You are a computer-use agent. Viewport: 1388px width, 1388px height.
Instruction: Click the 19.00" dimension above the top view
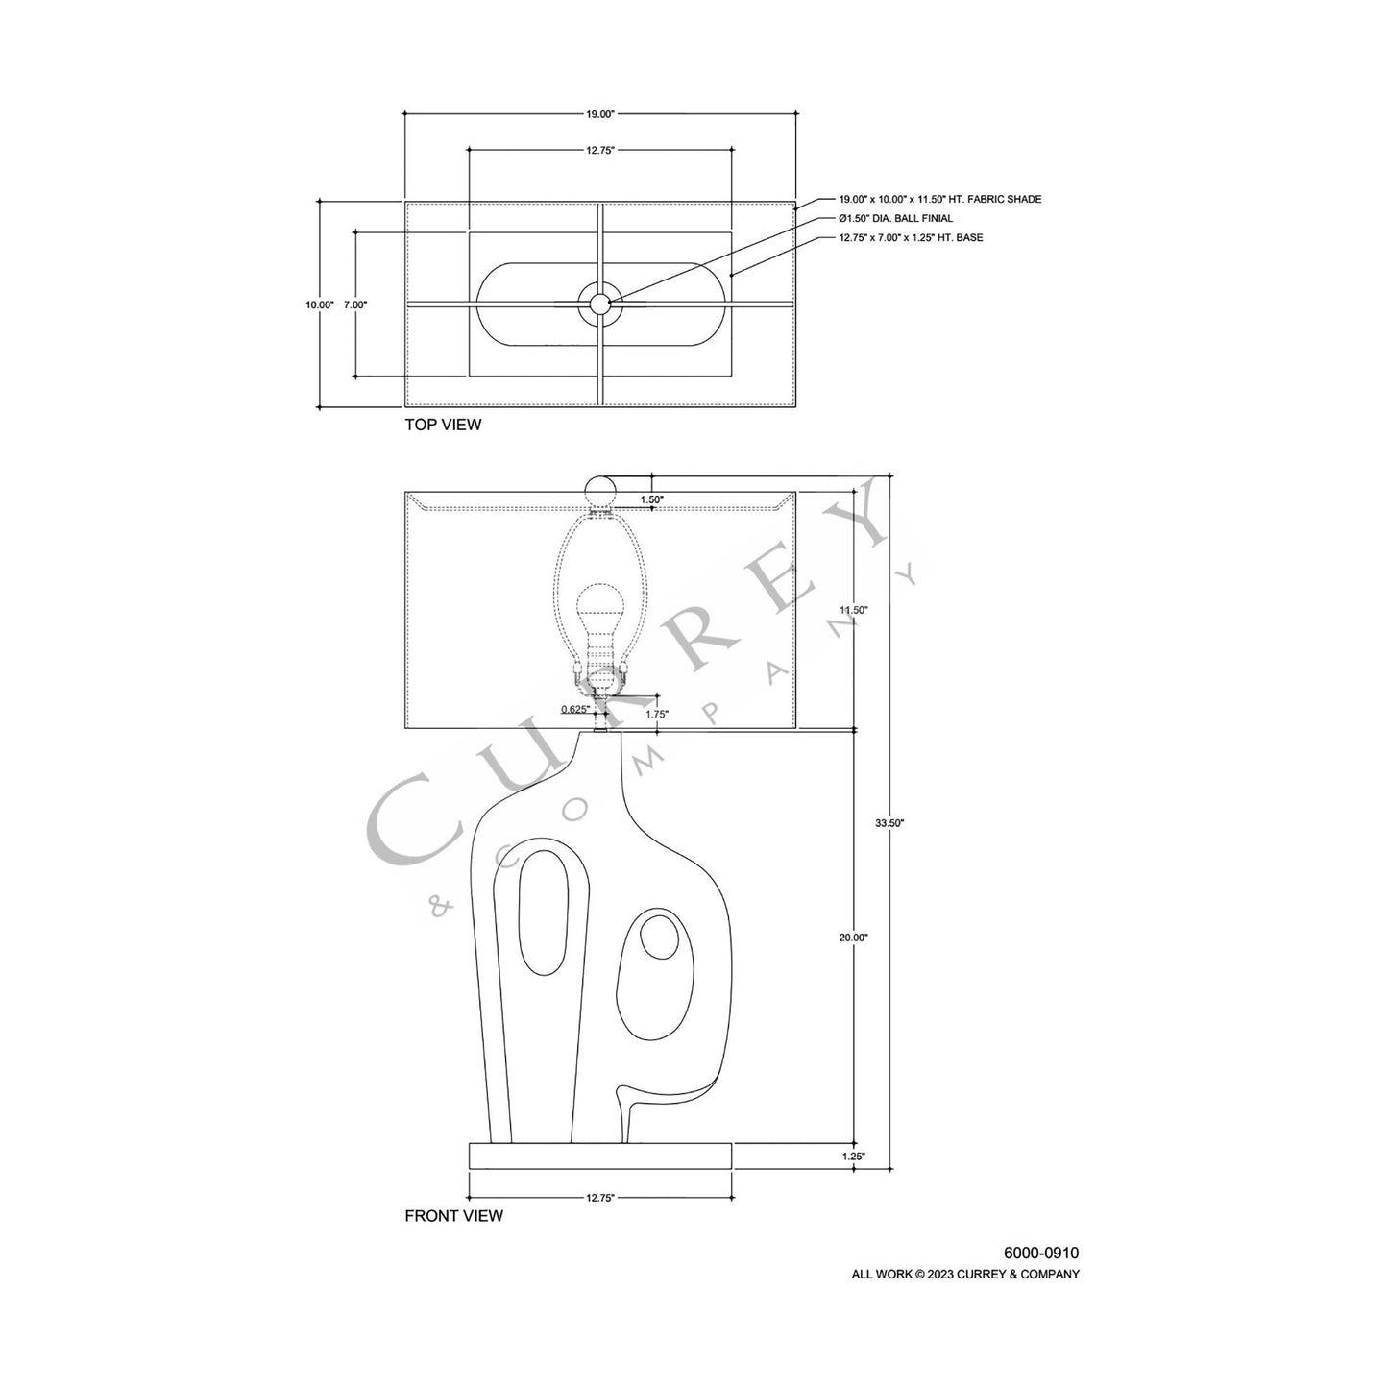pyautogui.click(x=599, y=114)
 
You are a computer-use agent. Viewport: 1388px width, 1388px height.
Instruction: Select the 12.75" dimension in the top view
pyautogui.click(x=599, y=150)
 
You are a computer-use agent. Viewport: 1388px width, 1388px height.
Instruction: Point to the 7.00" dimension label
pyautogui.click(x=355, y=304)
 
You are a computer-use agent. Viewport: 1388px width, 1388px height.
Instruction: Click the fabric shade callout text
pyautogui.click(x=939, y=200)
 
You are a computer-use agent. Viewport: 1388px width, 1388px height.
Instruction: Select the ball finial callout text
pyautogui.click(x=895, y=219)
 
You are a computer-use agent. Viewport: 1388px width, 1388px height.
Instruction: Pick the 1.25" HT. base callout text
pyautogui.click(x=910, y=237)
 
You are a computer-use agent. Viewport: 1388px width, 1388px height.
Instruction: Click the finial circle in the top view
pyautogui.click(x=600, y=304)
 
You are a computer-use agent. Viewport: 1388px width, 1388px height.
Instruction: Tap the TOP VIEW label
pyautogui.click(x=443, y=425)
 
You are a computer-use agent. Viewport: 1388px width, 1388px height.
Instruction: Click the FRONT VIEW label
pyautogui.click(x=453, y=1216)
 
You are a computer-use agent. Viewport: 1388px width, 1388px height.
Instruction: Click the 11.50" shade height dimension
pyautogui.click(x=853, y=610)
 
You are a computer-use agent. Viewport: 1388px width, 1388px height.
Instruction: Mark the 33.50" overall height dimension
pyautogui.click(x=890, y=823)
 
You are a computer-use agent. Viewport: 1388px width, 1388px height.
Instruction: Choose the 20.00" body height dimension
pyautogui.click(x=853, y=938)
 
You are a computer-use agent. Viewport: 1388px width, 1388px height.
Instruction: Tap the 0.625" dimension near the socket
pyautogui.click(x=574, y=710)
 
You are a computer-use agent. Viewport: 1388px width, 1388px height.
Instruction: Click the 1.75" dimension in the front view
pyautogui.click(x=657, y=714)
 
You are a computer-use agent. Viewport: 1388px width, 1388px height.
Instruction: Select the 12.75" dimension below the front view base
pyautogui.click(x=599, y=1198)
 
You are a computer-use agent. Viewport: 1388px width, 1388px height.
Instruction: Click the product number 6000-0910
pyautogui.click(x=1041, y=1254)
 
